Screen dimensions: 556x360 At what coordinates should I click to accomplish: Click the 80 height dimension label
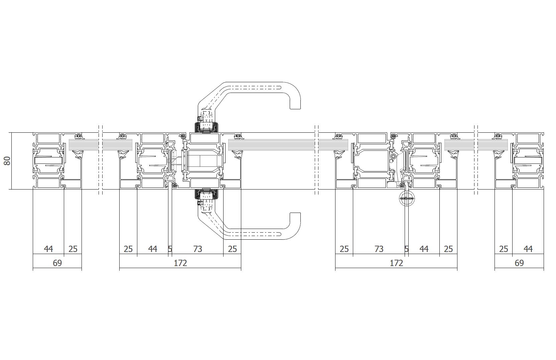tap(7, 161)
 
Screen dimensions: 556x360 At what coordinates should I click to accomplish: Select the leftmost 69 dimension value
tap(57, 263)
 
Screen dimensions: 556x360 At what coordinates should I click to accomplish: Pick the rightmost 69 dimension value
tap(519, 263)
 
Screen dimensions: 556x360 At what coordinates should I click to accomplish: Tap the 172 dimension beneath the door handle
tap(180, 263)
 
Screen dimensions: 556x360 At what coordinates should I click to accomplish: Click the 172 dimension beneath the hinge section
tap(396, 263)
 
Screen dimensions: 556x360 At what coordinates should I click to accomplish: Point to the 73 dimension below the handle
tap(197, 249)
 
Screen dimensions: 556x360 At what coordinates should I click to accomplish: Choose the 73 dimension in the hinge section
tap(379, 249)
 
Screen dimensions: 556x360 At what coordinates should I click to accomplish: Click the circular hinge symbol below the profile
tap(407, 199)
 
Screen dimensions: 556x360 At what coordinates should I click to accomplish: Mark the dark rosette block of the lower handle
tap(206, 195)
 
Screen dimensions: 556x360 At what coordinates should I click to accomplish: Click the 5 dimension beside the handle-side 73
tap(170, 249)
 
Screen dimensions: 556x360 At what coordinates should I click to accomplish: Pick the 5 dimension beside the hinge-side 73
tap(406, 249)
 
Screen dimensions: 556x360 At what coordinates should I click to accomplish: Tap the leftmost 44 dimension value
tap(48, 249)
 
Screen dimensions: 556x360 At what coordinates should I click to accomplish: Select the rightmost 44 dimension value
tap(528, 249)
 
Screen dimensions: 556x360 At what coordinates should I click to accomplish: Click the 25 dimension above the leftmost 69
tap(73, 249)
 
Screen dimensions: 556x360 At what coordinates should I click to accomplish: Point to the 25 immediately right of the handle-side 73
tap(232, 249)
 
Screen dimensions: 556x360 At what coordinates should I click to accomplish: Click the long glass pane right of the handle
tap(272, 145)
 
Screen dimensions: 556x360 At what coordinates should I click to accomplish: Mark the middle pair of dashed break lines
tap(316, 160)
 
